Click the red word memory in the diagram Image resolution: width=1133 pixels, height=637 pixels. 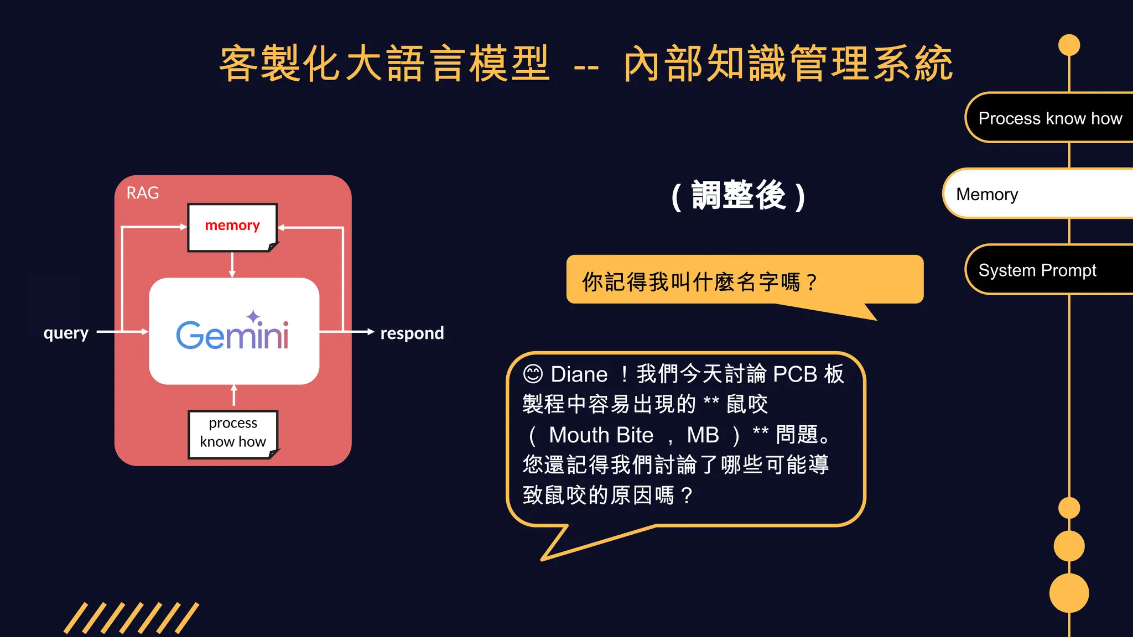pos(232,226)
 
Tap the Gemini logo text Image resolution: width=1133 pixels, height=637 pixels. pos(232,335)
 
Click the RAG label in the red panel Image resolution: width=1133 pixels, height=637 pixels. pos(142,193)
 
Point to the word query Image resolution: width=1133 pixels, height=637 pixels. pos(66,333)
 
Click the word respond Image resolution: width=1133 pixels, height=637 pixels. pos(412,333)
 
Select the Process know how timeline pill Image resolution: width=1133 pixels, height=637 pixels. pos(1049,118)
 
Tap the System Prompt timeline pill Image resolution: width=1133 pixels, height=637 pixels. pos(1037,270)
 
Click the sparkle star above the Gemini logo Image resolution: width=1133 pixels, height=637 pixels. pos(253,317)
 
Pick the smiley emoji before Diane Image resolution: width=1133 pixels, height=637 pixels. pos(533,374)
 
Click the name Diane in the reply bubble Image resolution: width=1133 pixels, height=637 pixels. pos(579,374)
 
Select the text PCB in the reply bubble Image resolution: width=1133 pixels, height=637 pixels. pos(794,374)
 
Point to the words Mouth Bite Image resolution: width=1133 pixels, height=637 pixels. pos(601,435)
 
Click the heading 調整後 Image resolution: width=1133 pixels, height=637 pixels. pos(738,195)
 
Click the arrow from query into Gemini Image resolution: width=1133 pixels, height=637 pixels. pos(123,332)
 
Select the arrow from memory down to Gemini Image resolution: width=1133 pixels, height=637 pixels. pos(232,264)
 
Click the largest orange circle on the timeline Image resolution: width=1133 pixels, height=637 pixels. pos(1069,593)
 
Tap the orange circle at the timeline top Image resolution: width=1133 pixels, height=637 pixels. pos(1069,45)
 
